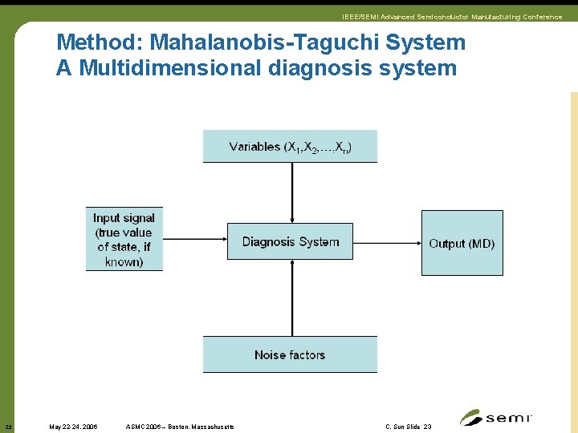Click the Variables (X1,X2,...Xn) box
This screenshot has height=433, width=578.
(290, 146)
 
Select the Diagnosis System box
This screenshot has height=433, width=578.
(290, 241)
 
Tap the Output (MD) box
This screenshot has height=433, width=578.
(462, 243)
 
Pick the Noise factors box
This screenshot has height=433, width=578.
(290, 354)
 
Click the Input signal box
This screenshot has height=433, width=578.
(124, 240)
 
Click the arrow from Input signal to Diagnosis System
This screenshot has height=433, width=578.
(195, 238)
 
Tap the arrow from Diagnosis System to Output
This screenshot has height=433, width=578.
(387, 241)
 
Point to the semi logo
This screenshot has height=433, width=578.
(495, 418)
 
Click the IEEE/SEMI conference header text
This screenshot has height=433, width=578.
(452, 17)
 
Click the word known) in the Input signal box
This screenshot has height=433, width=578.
(124, 262)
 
